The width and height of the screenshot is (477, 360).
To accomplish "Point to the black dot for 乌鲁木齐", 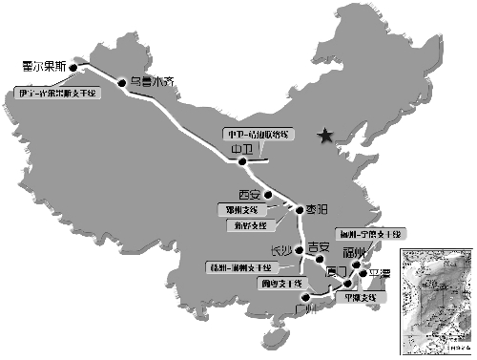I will (x=122, y=84).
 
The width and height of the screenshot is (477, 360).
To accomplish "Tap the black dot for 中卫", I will (x=243, y=161).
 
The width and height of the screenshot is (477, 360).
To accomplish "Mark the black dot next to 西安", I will (x=270, y=197).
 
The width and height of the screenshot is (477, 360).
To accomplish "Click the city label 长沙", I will (x=284, y=250).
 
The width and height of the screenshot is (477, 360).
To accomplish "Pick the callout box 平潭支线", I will (x=360, y=298).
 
